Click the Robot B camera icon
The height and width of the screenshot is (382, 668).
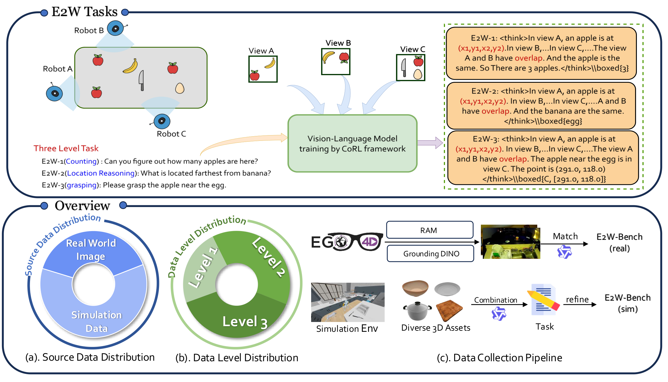tap(116, 28)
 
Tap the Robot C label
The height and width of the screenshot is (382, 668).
tap(171, 134)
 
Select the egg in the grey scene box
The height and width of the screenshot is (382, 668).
tap(180, 88)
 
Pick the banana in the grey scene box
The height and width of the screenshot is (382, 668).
tap(130, 66)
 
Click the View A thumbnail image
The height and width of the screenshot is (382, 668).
tap(263, 69)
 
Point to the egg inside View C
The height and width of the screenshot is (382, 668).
tap(418, 74)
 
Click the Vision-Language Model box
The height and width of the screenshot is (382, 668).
tap(352, 143)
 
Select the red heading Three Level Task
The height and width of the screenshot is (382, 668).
tap(66, 148)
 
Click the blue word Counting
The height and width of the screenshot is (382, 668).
tap(81, 161)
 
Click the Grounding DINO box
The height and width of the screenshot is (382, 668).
tap(431, 254)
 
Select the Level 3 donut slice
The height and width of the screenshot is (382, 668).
tap(238, 320)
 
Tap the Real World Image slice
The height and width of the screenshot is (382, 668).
tap(91, 250)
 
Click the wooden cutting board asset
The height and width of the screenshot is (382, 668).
tap(449, 310)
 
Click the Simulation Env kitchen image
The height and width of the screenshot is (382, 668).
tap(348, 302)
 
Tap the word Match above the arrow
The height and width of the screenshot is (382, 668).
tap(565, 236)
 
